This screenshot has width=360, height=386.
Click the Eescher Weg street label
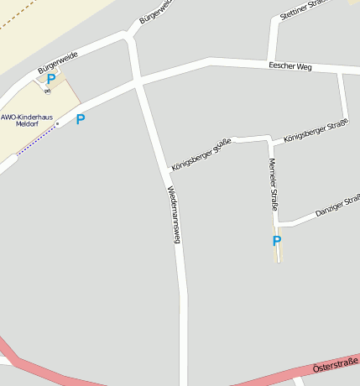click(x=290, y=65)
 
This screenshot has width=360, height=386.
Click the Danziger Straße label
click(x=337, y=207)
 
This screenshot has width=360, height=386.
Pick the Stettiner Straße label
click(x=302, y=10)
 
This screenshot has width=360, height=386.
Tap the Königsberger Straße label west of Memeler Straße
click(x=201, y=155)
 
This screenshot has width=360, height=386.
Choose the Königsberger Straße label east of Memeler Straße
click(x=316, y=130)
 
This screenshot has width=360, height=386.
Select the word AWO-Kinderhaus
click(x=27, y=117)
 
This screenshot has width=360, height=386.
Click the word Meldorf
click(x=28, y=124)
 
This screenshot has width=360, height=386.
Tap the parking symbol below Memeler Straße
click(x=277, y=242)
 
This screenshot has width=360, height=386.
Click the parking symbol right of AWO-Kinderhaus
click(x=81, y=119)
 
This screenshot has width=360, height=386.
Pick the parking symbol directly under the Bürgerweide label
click(x=51, y=80)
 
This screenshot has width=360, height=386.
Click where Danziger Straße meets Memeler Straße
click(x=277, y=224)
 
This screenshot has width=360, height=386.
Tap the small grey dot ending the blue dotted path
click(x=57, y=125)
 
